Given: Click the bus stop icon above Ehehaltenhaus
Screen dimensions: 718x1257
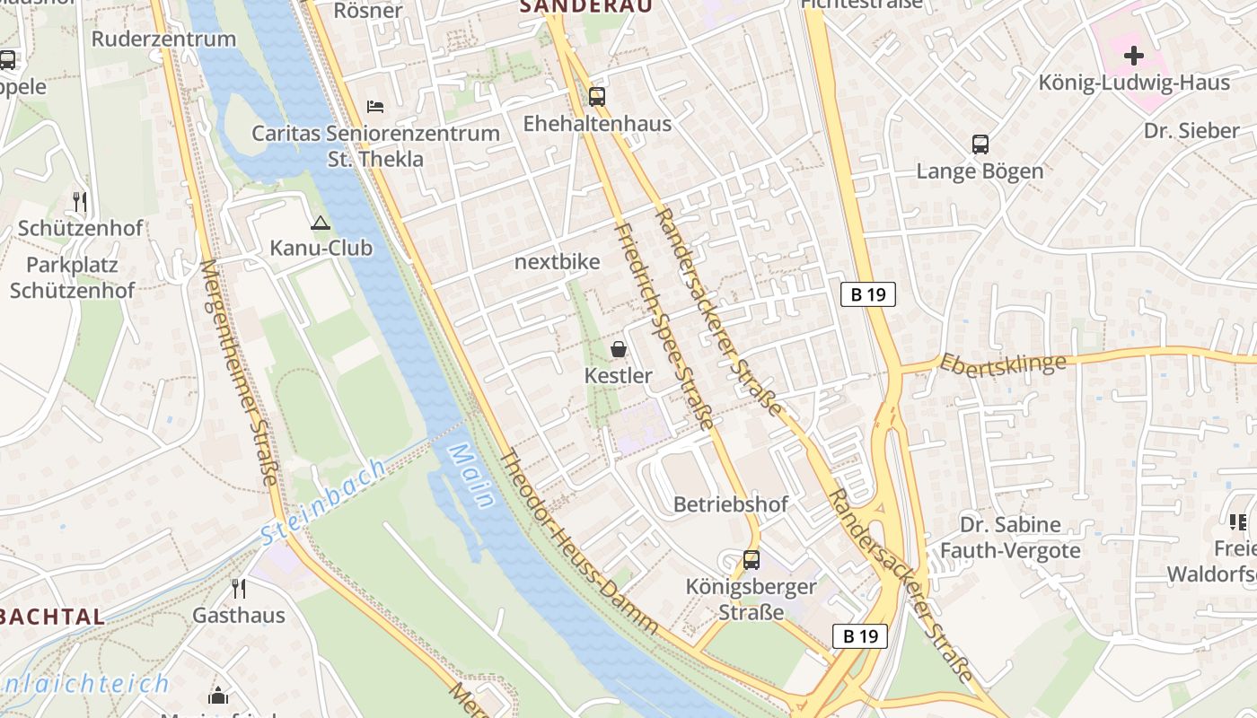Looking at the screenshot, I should tap(596, 96).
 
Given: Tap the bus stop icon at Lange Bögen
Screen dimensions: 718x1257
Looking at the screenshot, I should tap(980, 144).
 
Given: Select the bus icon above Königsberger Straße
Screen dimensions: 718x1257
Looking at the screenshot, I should tap(752, 559).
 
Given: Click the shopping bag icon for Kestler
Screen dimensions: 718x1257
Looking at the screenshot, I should tap(619, 348).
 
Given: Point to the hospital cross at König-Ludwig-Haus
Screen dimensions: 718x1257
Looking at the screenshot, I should tap(1134, 56).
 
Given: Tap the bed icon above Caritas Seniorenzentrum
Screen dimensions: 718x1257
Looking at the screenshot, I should tap(375, 107).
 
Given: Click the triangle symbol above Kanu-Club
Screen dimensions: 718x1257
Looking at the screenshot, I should tap(321, 223).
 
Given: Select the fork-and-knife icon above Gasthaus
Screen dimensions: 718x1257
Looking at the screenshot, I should tap(239, 588).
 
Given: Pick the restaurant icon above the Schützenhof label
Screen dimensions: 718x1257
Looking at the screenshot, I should tap(81, 201).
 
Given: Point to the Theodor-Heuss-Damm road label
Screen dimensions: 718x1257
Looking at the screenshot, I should tap(579, 542).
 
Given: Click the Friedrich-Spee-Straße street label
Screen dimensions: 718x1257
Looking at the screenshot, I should tap(664, 327).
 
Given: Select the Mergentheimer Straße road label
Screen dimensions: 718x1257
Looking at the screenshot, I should tap(239, 372).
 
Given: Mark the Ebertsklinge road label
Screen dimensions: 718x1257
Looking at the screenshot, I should tap(1003, 363).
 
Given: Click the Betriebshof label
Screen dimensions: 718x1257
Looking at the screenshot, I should tap(731, 504).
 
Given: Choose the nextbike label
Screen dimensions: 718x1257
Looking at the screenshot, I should tap(557, 262).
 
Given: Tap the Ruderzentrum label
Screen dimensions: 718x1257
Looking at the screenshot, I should tap(163, 39).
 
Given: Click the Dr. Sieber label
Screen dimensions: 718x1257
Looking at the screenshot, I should tap(1191, 131).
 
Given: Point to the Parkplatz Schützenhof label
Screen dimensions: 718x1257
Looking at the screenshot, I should tap(72, 277).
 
